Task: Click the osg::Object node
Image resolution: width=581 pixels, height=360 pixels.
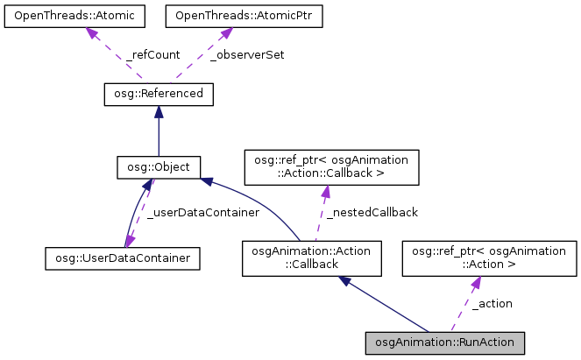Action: [158, 166]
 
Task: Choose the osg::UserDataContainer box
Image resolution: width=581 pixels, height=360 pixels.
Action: [123, 258]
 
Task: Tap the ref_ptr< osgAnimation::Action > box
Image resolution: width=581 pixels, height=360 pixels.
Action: [489, 258]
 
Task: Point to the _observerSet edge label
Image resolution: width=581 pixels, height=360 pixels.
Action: [247, 54]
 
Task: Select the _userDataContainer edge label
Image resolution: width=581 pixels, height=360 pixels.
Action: [202, 212]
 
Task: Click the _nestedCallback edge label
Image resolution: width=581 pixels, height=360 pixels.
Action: [372, 212]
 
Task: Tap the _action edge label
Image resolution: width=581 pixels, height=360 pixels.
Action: [491, 303]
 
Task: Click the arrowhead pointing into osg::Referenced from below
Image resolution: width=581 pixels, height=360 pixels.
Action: [158, 111]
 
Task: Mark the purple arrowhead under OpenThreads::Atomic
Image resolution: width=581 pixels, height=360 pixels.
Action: [91, 33]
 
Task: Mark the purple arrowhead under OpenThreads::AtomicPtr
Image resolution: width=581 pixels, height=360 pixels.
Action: [224, 33]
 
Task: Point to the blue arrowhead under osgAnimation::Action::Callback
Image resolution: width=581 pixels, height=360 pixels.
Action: [347, 280]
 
